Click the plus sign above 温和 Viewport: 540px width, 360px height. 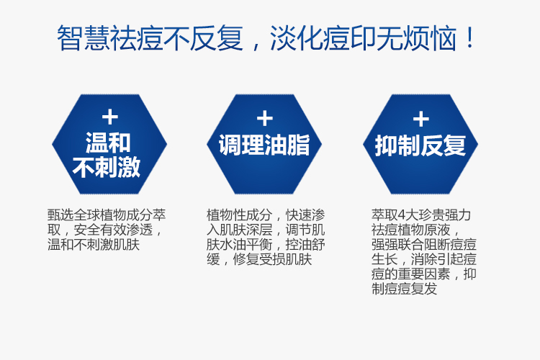(110, 117)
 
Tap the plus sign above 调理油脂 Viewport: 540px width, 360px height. (265, 118)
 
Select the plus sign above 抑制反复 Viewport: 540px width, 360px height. (421, 119)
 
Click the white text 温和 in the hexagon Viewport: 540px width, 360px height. (108, 143)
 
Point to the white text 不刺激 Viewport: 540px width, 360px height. (107, 167)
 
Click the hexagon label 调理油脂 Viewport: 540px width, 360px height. (264, 145)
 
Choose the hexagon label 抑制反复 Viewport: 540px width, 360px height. (420, 145)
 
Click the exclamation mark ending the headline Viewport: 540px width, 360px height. (469, 37)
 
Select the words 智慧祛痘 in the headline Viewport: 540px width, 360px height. (110, 37)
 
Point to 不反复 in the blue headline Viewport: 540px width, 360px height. (203, 37)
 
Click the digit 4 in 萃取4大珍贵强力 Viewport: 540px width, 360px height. (401, 215)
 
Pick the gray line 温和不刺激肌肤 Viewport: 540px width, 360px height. (94, 245)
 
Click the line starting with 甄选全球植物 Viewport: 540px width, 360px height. (107, 215)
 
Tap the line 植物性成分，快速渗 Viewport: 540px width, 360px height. (266, 215)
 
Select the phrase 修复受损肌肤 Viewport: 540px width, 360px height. (272, 259)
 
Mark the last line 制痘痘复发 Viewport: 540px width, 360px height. (405, 289)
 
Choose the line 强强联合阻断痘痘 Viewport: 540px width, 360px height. (424, 245)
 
